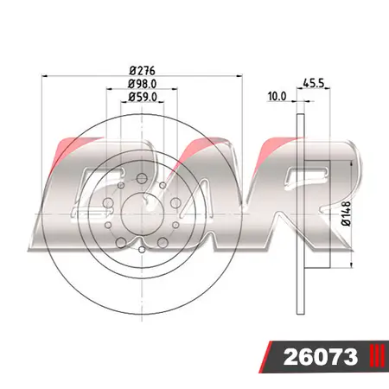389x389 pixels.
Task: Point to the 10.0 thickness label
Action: [x=277, y=97]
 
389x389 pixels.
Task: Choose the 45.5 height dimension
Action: [x=313, y=85]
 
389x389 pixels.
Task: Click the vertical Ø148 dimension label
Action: [x=344, y=212]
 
